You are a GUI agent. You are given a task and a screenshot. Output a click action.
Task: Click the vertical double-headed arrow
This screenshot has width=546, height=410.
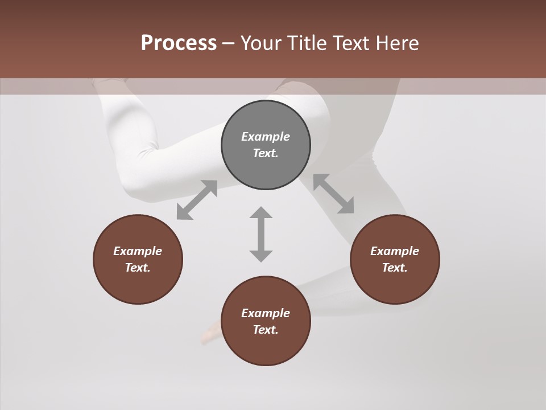tap(261, 234)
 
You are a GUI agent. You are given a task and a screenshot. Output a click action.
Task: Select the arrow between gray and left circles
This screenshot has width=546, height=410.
tap(197, 200)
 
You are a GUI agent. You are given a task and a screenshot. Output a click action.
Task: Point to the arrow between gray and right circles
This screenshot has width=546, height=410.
tap(333, 194)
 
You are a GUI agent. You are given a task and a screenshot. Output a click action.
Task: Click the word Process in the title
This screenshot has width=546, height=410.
tap(179, 43)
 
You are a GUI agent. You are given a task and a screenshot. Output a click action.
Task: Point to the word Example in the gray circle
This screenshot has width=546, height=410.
tap(266, 137)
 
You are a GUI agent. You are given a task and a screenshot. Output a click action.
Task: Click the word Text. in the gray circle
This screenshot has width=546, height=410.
tap(266, 153)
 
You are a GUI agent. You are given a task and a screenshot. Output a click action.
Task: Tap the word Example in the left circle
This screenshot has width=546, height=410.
tap(138, 251)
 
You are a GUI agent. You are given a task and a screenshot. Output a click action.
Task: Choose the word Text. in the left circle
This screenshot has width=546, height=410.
tap(138, 268)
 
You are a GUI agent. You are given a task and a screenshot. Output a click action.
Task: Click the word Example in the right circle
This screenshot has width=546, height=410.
tap(395, 251)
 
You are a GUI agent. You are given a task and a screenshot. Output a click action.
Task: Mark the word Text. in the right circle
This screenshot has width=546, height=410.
tap(395, 268)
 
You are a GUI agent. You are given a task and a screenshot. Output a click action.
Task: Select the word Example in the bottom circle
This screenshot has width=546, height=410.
tap(266, 313)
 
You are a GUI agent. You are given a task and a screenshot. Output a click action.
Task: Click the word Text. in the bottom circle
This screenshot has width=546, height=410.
tap(266, 330)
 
